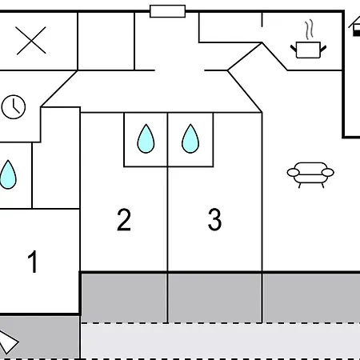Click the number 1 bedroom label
point(33,262)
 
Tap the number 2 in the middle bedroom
point(123,220)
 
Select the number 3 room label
point(214,220)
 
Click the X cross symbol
point(31,42)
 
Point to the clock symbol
point(14,107)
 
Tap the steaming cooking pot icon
point(307,49)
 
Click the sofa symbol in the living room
point(310,173)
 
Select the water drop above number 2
point(145,138)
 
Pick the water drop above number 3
point(190,138)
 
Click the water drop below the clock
point(8,174)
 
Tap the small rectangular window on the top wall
point(167,10)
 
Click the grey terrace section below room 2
point(123,297)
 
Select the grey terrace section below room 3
point(214,297)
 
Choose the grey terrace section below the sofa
point(311,297)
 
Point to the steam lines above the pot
point(308,31)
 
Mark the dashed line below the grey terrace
point(220,323)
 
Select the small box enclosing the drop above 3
point(191,139)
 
